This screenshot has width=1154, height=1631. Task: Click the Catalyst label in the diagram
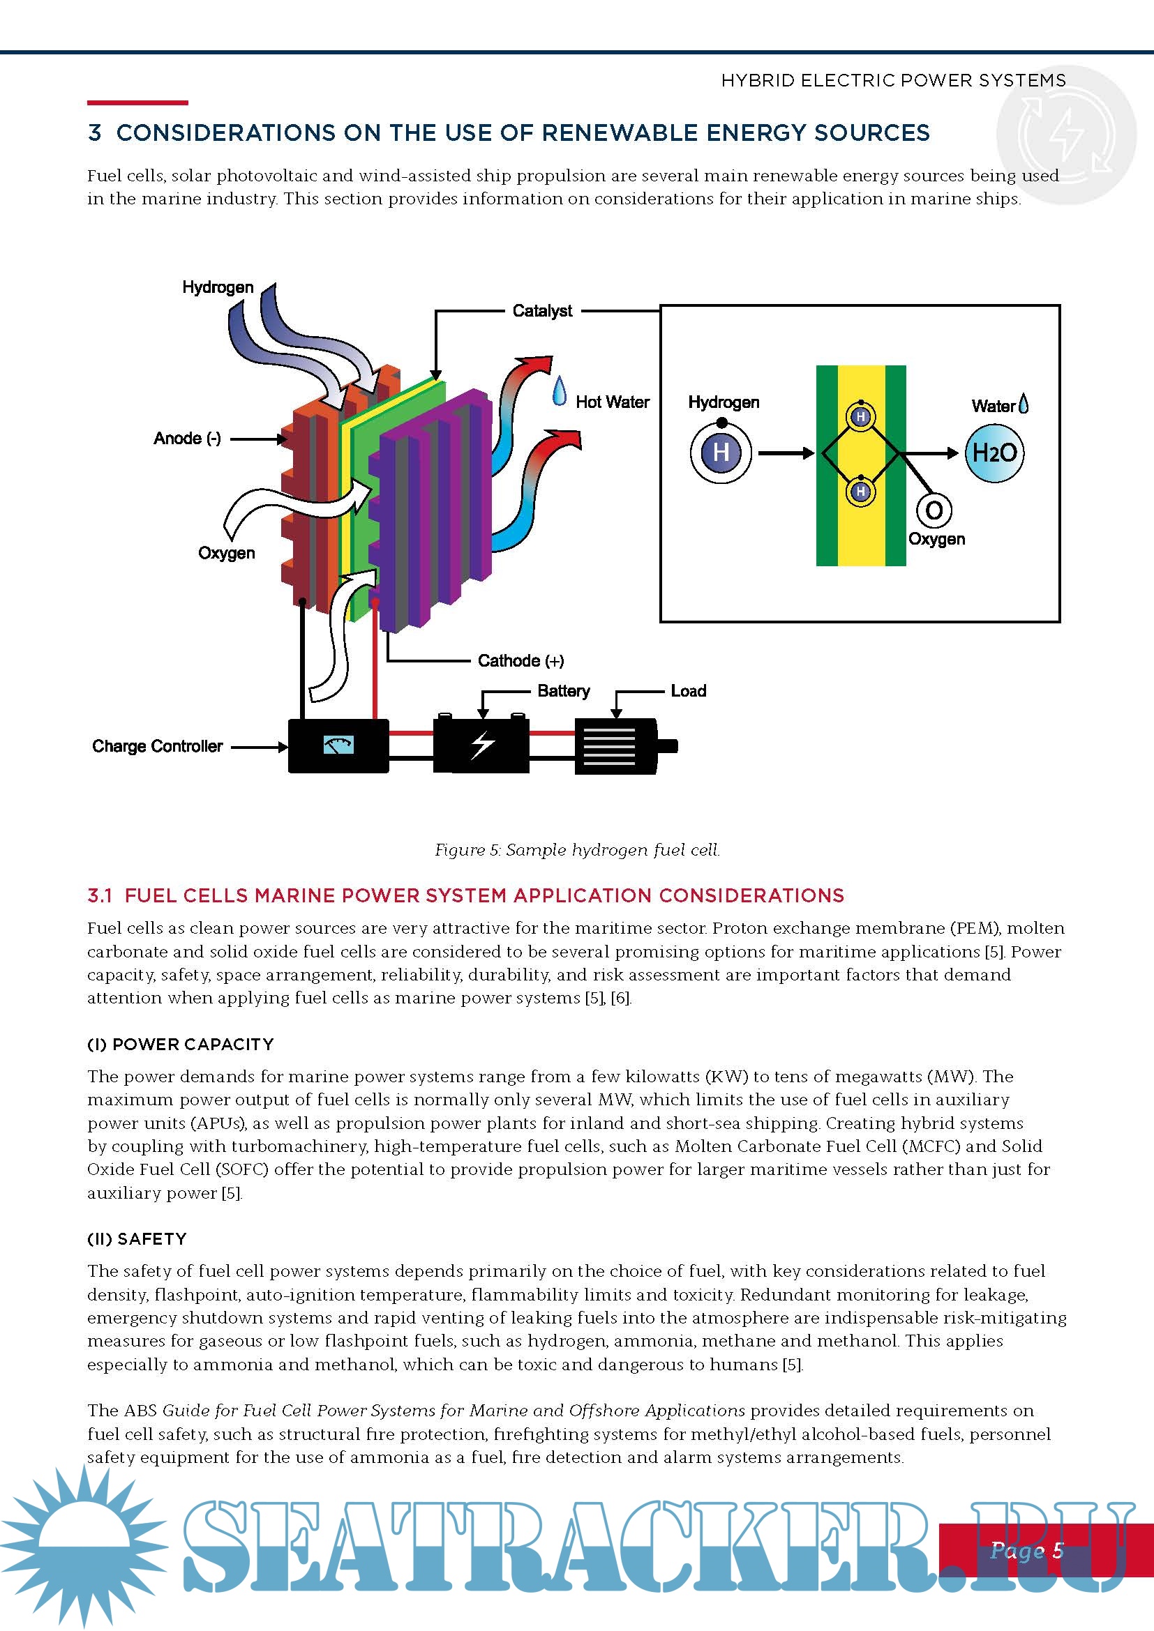(542, 310)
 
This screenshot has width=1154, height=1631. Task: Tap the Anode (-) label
(187, 439)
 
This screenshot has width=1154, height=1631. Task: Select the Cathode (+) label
(521, 660)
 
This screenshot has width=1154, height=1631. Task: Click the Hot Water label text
(613, 402)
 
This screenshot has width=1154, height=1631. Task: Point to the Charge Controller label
(157, 746)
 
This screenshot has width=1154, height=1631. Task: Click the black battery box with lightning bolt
(482, 745)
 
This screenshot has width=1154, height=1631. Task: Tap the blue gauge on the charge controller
(338, 745)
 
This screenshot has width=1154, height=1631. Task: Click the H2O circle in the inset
(994, 453)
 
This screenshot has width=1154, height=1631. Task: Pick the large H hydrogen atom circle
(721, 453)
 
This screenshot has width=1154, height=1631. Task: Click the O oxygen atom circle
(934, 510)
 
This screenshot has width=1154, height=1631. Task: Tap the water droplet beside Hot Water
(560, 391)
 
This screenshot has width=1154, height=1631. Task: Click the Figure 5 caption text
(577, 849)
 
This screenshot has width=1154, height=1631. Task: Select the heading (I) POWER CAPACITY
(181, 1044)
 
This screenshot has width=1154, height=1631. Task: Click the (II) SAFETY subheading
(137, 1238)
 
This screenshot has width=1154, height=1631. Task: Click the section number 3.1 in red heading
(100, 895)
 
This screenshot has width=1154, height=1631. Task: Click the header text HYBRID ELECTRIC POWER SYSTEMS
(893, 80)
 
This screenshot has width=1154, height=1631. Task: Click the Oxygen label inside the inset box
(936, 539)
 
